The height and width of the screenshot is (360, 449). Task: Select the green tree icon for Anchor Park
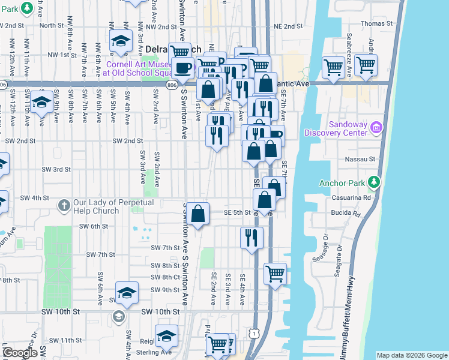(x=375, y=181)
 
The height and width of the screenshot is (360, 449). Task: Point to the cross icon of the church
(x=64, y=206)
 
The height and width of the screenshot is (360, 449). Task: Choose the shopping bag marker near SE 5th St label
(x=198, y=213)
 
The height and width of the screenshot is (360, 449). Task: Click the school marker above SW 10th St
(x=127, y=293)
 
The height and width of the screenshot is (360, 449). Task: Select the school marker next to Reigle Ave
(x=166, y=337)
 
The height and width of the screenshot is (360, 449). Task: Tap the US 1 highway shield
(x=256, y=332)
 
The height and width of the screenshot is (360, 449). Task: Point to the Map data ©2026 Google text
(x=411, y=355)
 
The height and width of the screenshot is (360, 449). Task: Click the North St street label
(x=52, y=25)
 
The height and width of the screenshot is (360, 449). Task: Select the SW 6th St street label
(x=94, y=226)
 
